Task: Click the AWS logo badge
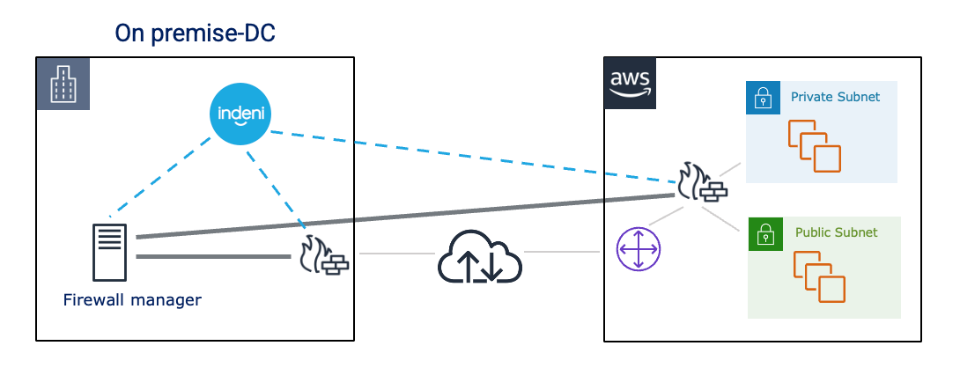(631, 84)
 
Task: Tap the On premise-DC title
(196, 33)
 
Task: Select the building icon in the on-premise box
(64, 86)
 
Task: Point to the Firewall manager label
(132, 300)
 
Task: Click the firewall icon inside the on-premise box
(324, 255)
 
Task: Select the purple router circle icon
(639, 249)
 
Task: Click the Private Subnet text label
(835, 97)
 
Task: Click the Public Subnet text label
(836, 233)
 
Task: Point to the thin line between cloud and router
(564, 254)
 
